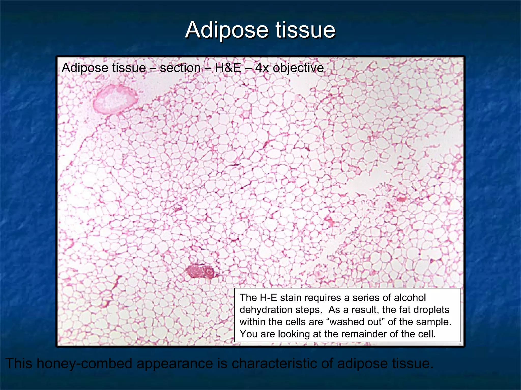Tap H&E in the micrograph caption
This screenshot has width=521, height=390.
[x=228, y=68]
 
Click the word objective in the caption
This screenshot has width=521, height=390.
[x=298, y=68]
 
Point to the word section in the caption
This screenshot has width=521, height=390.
[x=180, y=68]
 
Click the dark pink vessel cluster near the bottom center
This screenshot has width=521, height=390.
[x=200, y=271]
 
